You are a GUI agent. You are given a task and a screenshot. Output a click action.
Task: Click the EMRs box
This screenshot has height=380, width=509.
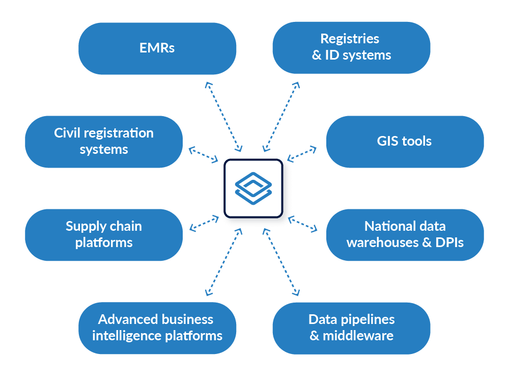tap(157, 48)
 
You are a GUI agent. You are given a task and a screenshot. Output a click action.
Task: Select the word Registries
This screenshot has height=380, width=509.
tap(350, 39)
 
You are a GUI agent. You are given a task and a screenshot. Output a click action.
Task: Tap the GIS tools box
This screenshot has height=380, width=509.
tap(405, 141)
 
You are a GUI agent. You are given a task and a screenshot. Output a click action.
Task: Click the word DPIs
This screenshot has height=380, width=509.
tap(449, 242)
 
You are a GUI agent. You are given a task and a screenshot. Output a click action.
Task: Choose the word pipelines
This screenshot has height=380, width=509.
tap(371, 319)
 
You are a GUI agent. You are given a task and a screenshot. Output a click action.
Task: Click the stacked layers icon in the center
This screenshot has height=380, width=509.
tap(253, 188)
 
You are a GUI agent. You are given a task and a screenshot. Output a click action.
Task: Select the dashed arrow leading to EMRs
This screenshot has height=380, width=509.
tap(224, 116)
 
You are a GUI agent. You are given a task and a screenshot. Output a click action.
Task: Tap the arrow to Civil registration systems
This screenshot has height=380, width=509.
tap(203, 154)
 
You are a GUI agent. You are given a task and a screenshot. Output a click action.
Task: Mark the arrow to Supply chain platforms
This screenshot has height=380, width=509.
tap(204, 223)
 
